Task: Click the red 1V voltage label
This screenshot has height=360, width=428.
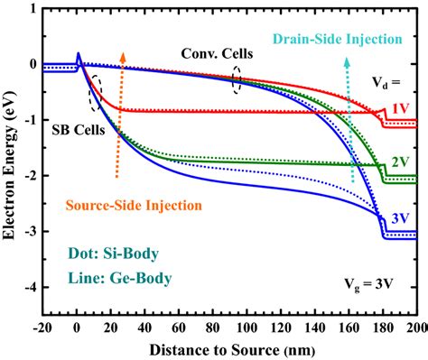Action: pos(396,109)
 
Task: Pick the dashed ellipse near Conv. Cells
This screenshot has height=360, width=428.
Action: pos(237,78)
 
